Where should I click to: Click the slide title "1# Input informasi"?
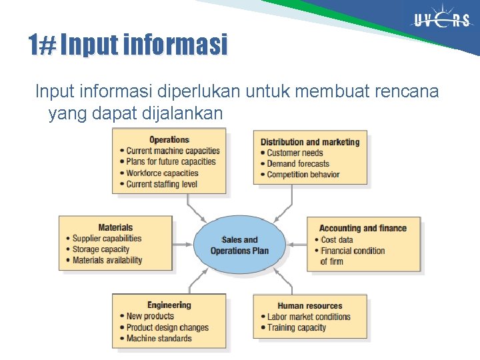(x=128, y=45)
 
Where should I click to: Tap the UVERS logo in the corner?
(x=441, y=21)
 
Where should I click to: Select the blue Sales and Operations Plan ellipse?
(x=239, y=245)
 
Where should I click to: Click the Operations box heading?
(x=169, y=139)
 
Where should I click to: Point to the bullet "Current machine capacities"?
(x=173, y=151)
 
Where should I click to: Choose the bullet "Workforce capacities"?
(x=162, y=173)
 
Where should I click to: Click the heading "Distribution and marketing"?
(x=310, y=142)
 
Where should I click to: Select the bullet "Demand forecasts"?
(x=298, y=164)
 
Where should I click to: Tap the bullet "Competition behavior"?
(x=303, y=175)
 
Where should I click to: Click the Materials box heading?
(x=115, y=227)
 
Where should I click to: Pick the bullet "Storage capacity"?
(x=101, y=249)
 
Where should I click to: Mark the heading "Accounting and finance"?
(x=363, y=228)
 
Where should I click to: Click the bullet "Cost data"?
(x=337, y=240)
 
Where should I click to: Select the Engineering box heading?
(x=169, y=305)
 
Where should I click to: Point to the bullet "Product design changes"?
(x=167, y=327)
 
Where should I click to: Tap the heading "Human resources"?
(x=310, y=306)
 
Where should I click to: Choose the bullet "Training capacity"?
(x=297, y=327)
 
